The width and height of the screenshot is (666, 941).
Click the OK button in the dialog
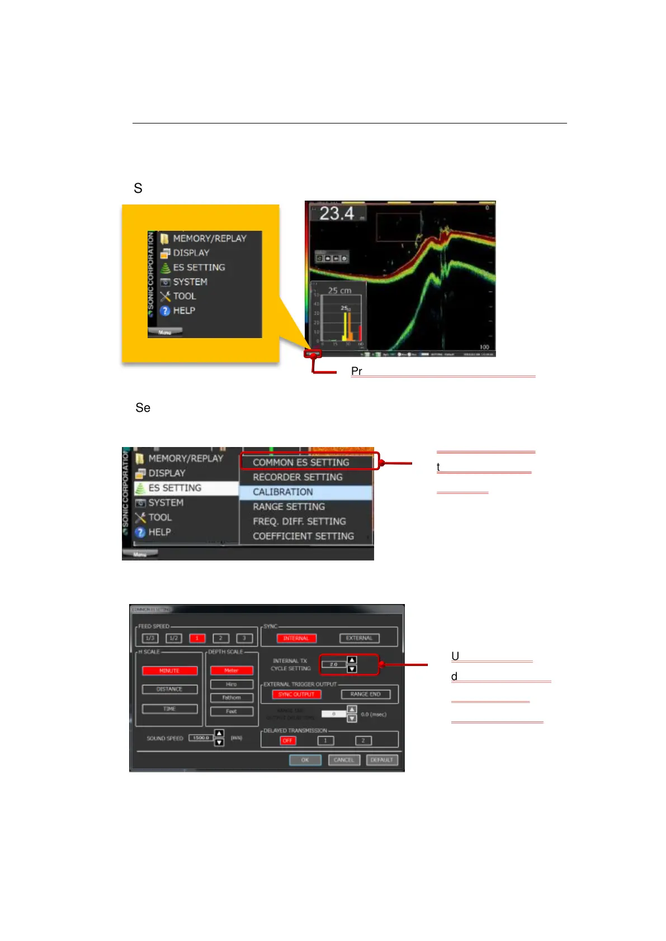(x=305, y=760)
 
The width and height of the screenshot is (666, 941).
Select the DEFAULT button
(x=381, y=760)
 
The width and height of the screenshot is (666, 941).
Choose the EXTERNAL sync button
(x=359, y=638)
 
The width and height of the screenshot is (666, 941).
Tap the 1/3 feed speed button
(x=150, y=638)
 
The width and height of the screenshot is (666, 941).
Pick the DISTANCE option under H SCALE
(x=169, y=689)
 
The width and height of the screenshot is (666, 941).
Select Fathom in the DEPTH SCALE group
(x=232, y=697)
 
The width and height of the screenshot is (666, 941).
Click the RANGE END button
(x=365, y=694)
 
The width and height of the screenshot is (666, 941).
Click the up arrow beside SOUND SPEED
(x=219, y=734)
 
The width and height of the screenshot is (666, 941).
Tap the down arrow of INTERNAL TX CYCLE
(x=352, y=669)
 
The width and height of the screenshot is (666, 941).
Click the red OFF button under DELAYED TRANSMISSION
(x=287, y=740)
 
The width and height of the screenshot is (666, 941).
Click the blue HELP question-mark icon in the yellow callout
(x=165, y=311)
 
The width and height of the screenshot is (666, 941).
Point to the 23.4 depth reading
(x=337, y=213)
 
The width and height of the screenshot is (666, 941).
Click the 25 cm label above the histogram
(x=339, y=291)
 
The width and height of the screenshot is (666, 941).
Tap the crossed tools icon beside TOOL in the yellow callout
(x=165, y=296)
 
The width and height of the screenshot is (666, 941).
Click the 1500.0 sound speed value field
(x=201, y=738)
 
